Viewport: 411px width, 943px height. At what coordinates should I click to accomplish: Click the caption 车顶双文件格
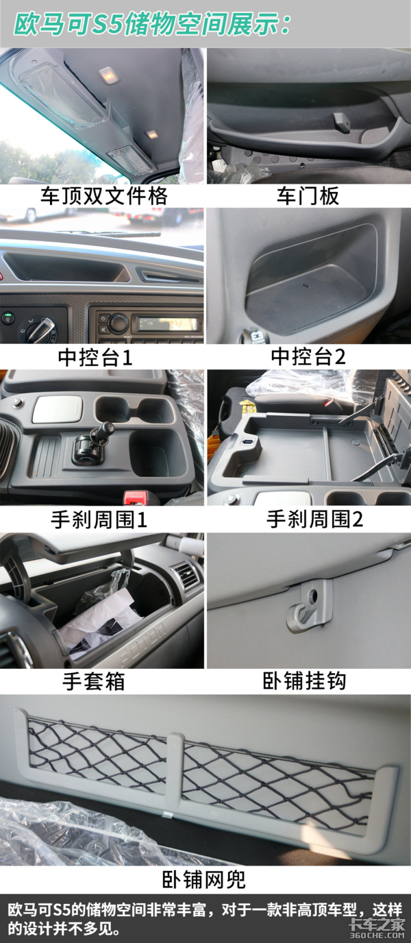(103, 196)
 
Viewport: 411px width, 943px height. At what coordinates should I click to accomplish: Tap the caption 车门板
(308, 196)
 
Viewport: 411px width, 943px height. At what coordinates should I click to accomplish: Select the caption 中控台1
(95, 357)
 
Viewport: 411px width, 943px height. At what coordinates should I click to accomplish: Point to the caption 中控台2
(308, 356)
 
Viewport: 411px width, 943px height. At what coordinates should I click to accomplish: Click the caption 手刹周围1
(99, 519)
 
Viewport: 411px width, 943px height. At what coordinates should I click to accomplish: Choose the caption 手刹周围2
(314, 519)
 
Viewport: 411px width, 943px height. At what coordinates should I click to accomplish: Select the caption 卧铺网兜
(204, 879)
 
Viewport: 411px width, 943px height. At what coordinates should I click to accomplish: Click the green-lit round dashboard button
(7, 316)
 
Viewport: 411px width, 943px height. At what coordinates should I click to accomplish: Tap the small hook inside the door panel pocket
(342, 121)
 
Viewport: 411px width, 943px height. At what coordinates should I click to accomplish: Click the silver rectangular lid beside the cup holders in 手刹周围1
(58, 408)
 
